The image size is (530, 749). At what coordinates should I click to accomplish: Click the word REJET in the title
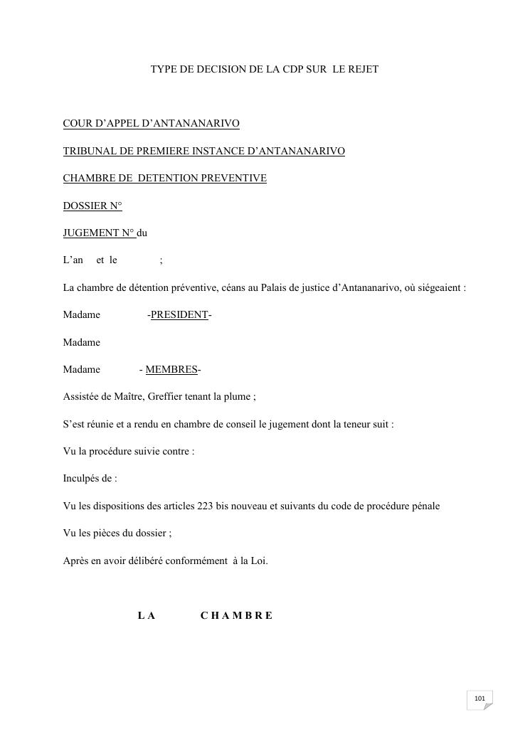tap(362, 69)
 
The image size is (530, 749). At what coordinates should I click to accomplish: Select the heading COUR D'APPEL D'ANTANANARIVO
tap(151, 124)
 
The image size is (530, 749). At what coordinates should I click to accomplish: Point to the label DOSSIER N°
tap(92, 206)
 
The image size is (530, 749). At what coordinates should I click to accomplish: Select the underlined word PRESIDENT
tap(179, 314)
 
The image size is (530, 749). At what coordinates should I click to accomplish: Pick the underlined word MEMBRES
tap(171, 369)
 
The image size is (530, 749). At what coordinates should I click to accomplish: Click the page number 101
tap(479, 698)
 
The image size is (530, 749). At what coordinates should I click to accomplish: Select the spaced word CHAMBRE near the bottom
tap(236, 615)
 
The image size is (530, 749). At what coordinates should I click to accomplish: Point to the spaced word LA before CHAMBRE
tap(146, 615)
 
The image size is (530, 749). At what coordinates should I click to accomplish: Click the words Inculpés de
tap(90, 479)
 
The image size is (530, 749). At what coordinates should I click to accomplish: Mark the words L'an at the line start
tap(73, 260)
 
